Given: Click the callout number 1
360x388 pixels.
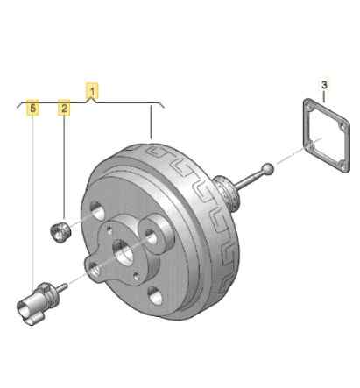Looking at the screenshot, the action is [x=92, y=91].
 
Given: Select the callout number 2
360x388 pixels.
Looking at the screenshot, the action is [x=64, y=108].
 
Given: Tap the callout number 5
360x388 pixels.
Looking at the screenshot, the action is [x=33, y=109].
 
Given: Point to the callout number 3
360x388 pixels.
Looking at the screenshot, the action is [x=324, y=85].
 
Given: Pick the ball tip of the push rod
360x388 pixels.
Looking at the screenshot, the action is [x=268, y=168].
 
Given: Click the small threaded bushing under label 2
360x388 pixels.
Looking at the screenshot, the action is [x=60, y=232].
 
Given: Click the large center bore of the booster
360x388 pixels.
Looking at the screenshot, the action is [x=124, y=253].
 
